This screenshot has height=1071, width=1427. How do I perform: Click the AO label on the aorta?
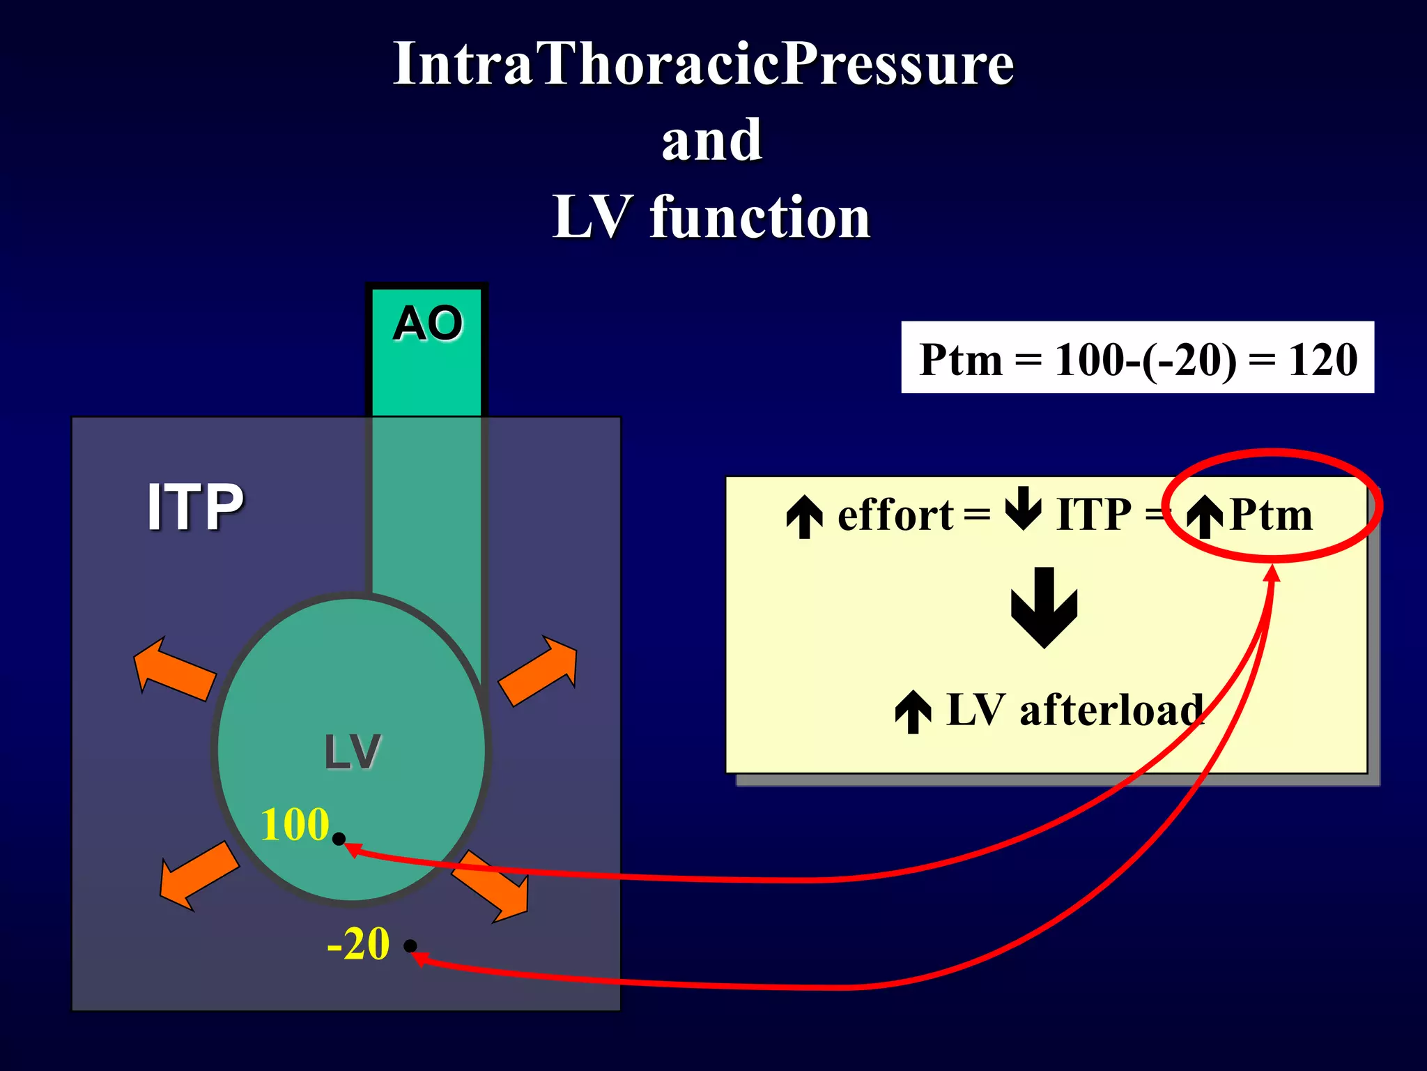[x=427, y=324]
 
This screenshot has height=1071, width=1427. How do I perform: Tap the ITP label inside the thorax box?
[x=195, y=507]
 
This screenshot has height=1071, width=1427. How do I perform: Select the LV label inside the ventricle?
[x=353, y=752]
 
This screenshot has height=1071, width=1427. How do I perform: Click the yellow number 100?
[x=295, y=824]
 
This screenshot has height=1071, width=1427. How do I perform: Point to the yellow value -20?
[x=358, y=944]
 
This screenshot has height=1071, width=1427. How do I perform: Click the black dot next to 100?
[x=339, y=839]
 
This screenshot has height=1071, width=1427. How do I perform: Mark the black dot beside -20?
[x=410, y=946]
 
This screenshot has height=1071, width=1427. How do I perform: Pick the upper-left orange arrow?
[x=172, y=669]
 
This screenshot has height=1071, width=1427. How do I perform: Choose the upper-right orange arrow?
[x=539, y=671]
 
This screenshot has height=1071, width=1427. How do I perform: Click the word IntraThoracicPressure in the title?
[x=704, y=64]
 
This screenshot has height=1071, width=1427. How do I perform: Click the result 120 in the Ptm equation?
[x=1322, y=360]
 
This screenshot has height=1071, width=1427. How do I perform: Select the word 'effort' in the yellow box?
[x=895, y=515]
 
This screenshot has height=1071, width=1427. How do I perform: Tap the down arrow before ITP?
[x=1024, y=509]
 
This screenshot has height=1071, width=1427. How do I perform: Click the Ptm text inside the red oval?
[x=1270, y=515]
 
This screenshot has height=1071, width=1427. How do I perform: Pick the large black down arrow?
[x=1044, y=607]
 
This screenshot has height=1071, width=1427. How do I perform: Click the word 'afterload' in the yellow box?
[x=1111, y=711]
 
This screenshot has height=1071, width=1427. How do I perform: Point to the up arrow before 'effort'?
[x=805, y=517]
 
